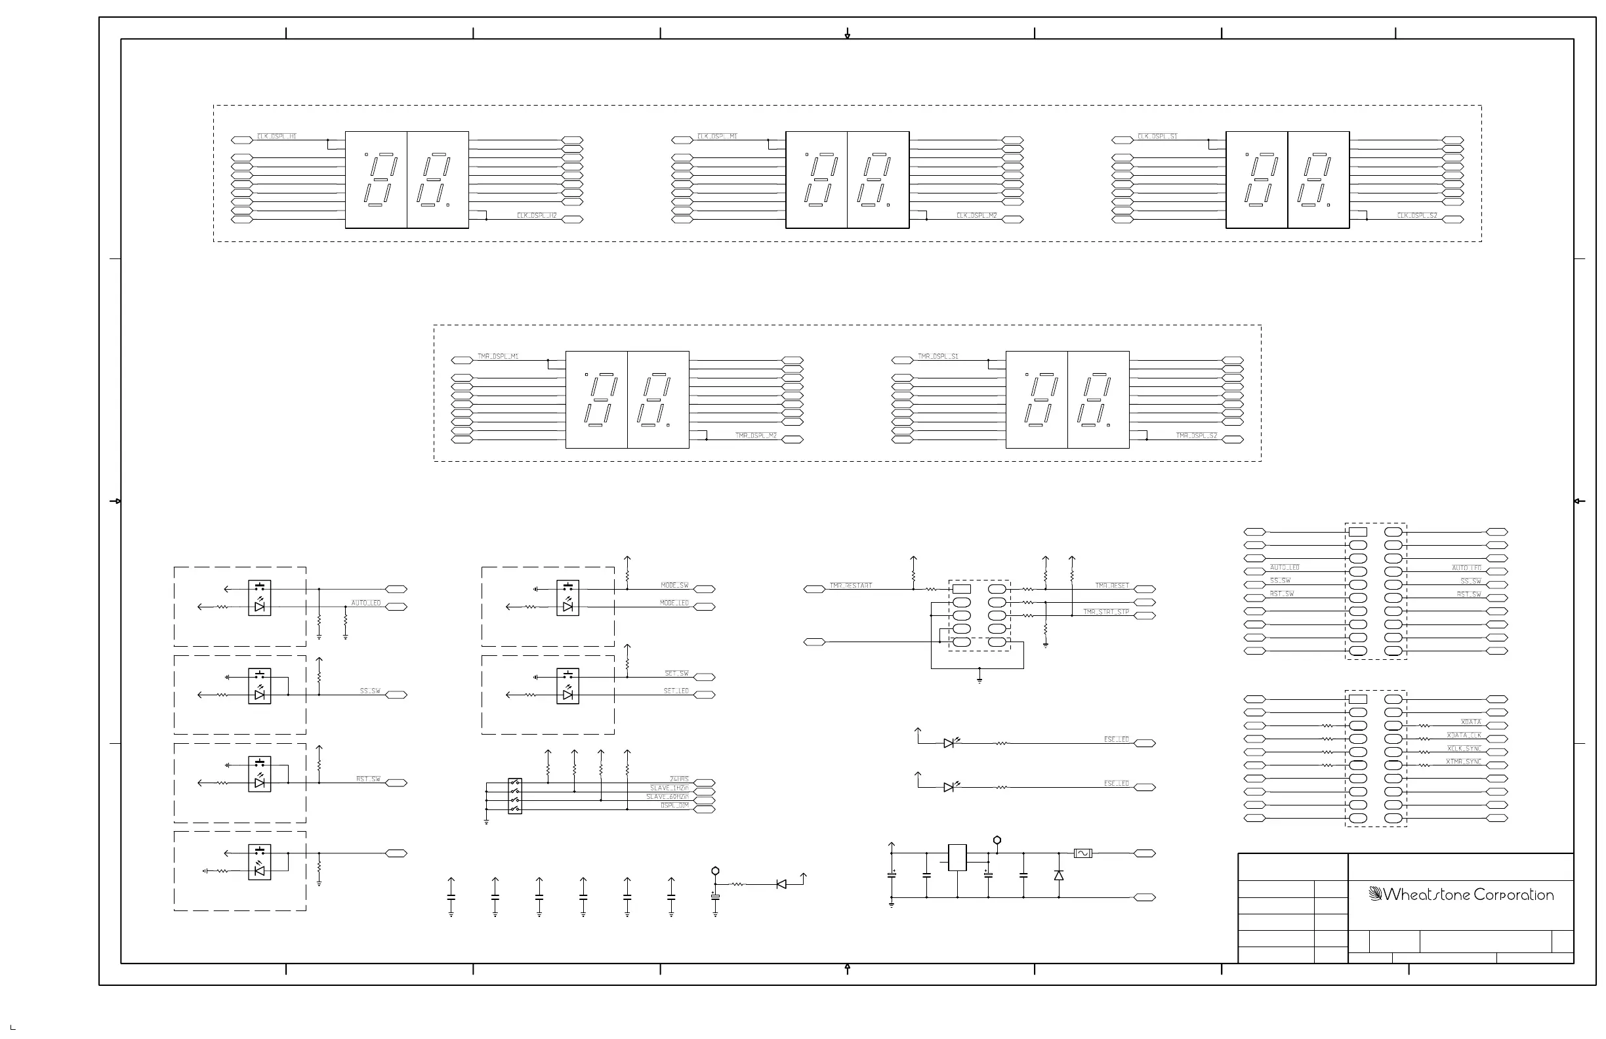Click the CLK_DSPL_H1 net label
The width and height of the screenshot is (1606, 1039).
click(277, 136)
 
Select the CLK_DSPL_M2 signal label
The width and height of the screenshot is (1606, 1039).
click(976, 216)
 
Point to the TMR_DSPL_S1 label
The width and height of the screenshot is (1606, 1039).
click(938, 356)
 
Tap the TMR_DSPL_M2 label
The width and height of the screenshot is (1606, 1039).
click(756, 436)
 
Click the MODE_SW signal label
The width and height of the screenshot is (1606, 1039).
click(674, 586)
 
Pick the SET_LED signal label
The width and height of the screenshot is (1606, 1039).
click(676, 691)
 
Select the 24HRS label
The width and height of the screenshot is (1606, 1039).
click(679, 779)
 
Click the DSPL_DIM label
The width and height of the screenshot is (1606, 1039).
click(674, 805)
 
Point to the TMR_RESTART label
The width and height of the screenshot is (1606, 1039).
click(850, 586)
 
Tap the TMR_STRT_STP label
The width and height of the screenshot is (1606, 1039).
click(1106, 612)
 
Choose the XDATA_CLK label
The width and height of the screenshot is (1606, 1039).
click(1464, 735)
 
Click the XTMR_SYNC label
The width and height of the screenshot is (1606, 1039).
click(1463, 762)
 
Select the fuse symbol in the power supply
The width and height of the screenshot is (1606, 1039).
click(1082, 853)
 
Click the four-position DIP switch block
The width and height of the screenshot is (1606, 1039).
click(515, 796)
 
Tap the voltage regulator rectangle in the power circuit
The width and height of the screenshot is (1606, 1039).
click(957, 857)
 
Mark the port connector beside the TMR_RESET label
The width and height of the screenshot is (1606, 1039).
click(1144, 589)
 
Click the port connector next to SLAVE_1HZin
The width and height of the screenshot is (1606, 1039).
click(704, 792)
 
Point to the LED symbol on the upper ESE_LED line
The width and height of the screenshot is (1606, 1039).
click(949, 743)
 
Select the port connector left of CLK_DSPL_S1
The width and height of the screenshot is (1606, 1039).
click(1122, 140)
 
